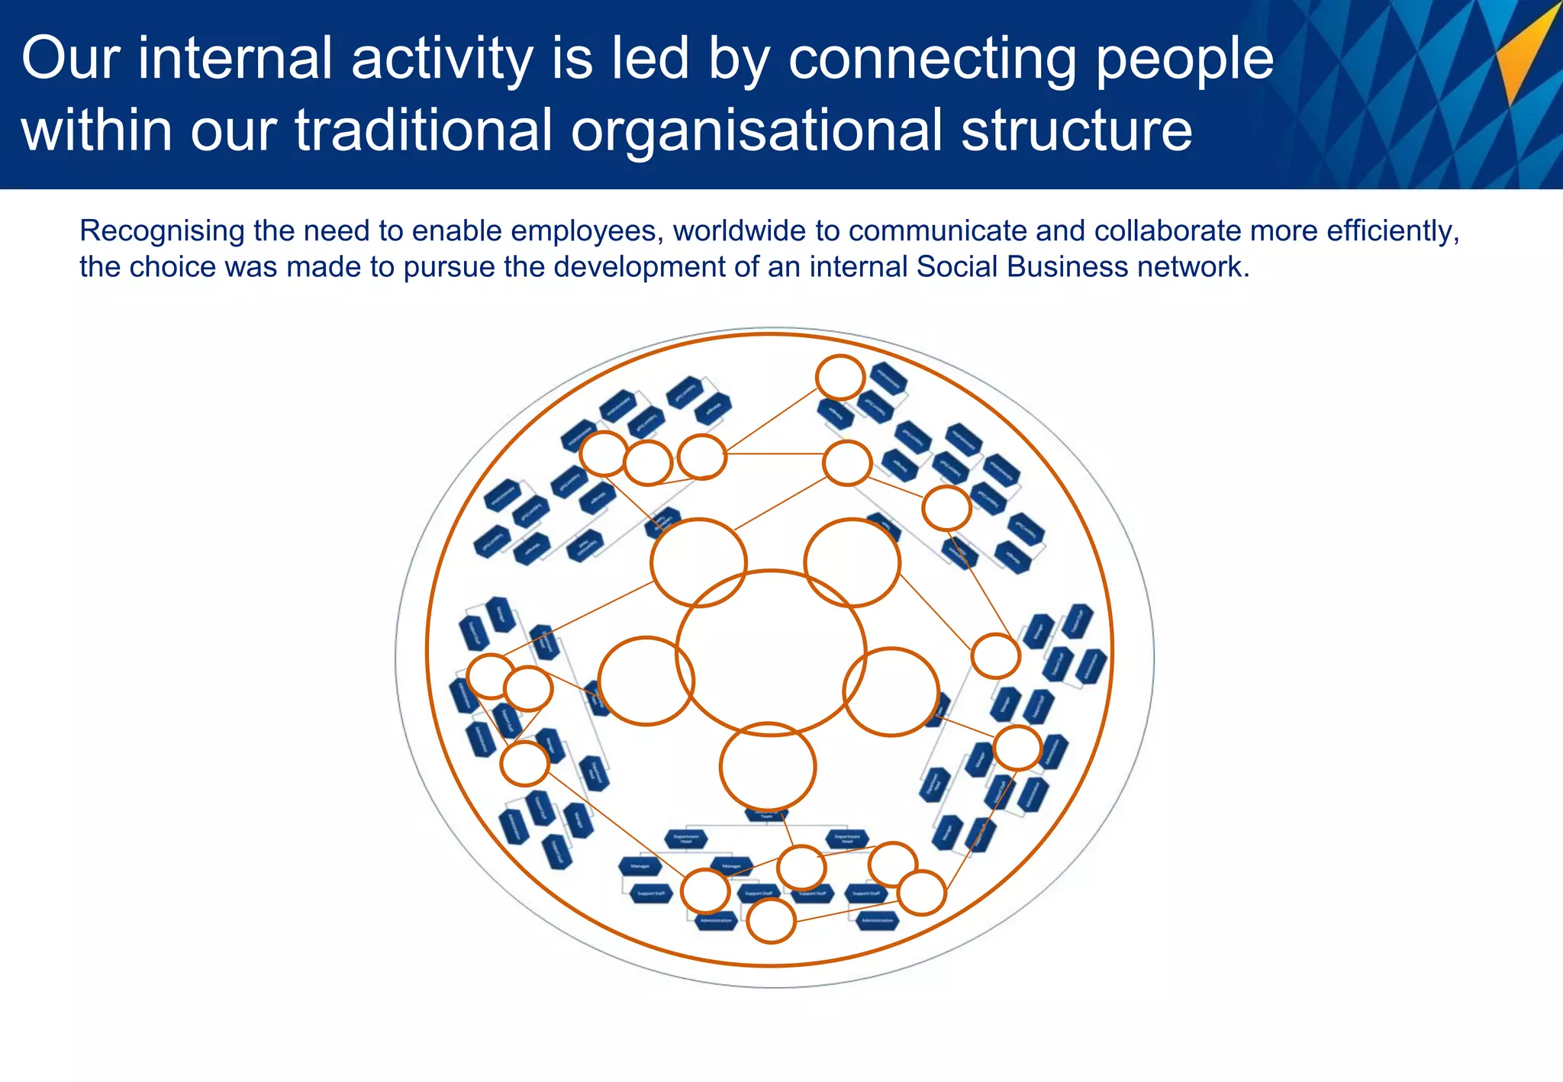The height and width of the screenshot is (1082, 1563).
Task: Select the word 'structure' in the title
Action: coord(1076,130)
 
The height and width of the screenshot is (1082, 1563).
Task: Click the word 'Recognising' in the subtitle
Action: coord(162,230)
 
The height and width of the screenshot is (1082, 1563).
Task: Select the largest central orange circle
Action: coord(771,653)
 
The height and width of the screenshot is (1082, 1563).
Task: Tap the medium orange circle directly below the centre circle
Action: coord(768,767)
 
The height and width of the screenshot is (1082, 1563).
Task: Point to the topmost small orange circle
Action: coord(840,377)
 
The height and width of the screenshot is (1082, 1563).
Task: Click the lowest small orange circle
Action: coord(771,921)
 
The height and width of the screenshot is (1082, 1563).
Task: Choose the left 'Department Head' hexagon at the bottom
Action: coord(686,839)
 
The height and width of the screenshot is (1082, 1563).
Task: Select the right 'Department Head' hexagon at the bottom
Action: coord(847,839)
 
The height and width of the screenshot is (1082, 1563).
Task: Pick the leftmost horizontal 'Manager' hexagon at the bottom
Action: coord(640,867)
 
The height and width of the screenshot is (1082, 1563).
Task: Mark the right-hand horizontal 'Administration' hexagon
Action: coord(877,921)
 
